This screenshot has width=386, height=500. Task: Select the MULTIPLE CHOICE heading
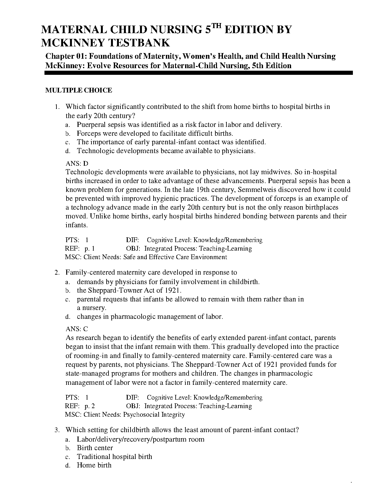point(79,91)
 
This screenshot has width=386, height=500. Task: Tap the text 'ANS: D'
point(77,164)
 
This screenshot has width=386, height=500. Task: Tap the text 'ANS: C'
point(77,329)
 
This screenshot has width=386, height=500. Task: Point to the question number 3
point(57,430)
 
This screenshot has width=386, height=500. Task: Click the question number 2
point(57,272)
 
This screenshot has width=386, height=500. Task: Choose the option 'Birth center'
point(95,448)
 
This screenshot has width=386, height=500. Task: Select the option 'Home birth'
point(94,465)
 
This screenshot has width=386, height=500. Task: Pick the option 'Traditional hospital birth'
point(114,457)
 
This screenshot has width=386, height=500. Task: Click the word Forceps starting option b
point(89,134)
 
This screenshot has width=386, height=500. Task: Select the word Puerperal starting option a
point(91,125)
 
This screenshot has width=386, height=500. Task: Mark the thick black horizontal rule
point(199,73)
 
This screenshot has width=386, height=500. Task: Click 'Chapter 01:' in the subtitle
point(66,57)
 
